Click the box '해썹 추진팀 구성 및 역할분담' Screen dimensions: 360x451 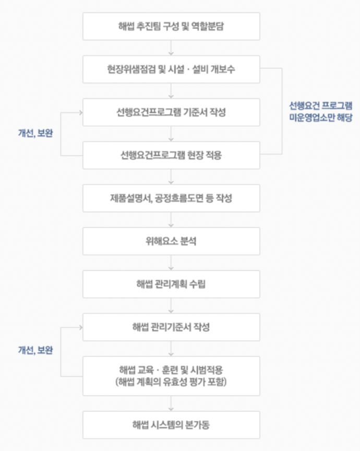click(171, 26)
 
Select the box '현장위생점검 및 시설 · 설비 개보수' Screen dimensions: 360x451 click(171, 69)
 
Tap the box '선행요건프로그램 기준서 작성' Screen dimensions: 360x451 click(171, 112)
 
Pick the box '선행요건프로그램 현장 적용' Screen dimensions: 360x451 click(171, 155)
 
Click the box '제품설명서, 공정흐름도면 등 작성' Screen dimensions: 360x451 click(171, 198)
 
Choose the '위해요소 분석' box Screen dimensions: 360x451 click(171, 241)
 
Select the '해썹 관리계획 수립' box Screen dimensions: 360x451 click(171, 284)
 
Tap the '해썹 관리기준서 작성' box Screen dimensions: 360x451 click(171, 327)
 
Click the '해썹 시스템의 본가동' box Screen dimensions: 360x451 click(171, 425)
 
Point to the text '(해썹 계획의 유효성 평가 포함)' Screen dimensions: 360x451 click(171, 382)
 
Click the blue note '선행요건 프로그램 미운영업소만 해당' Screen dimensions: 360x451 click(320, 112)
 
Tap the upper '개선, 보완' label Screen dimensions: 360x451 click(35, 133)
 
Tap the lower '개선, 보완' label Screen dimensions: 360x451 click(35, 350)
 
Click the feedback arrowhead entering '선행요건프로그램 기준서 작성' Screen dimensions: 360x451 click(81, 112)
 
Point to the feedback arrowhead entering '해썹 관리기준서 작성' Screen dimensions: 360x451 click(81, 327)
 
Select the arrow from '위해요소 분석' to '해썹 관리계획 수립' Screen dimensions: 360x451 click(171, 263)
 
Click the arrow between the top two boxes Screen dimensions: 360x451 click(171, 48)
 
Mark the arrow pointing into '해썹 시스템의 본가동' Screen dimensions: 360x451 click(171, 403)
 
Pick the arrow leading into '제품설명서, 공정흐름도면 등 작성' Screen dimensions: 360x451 click(171, 176)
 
